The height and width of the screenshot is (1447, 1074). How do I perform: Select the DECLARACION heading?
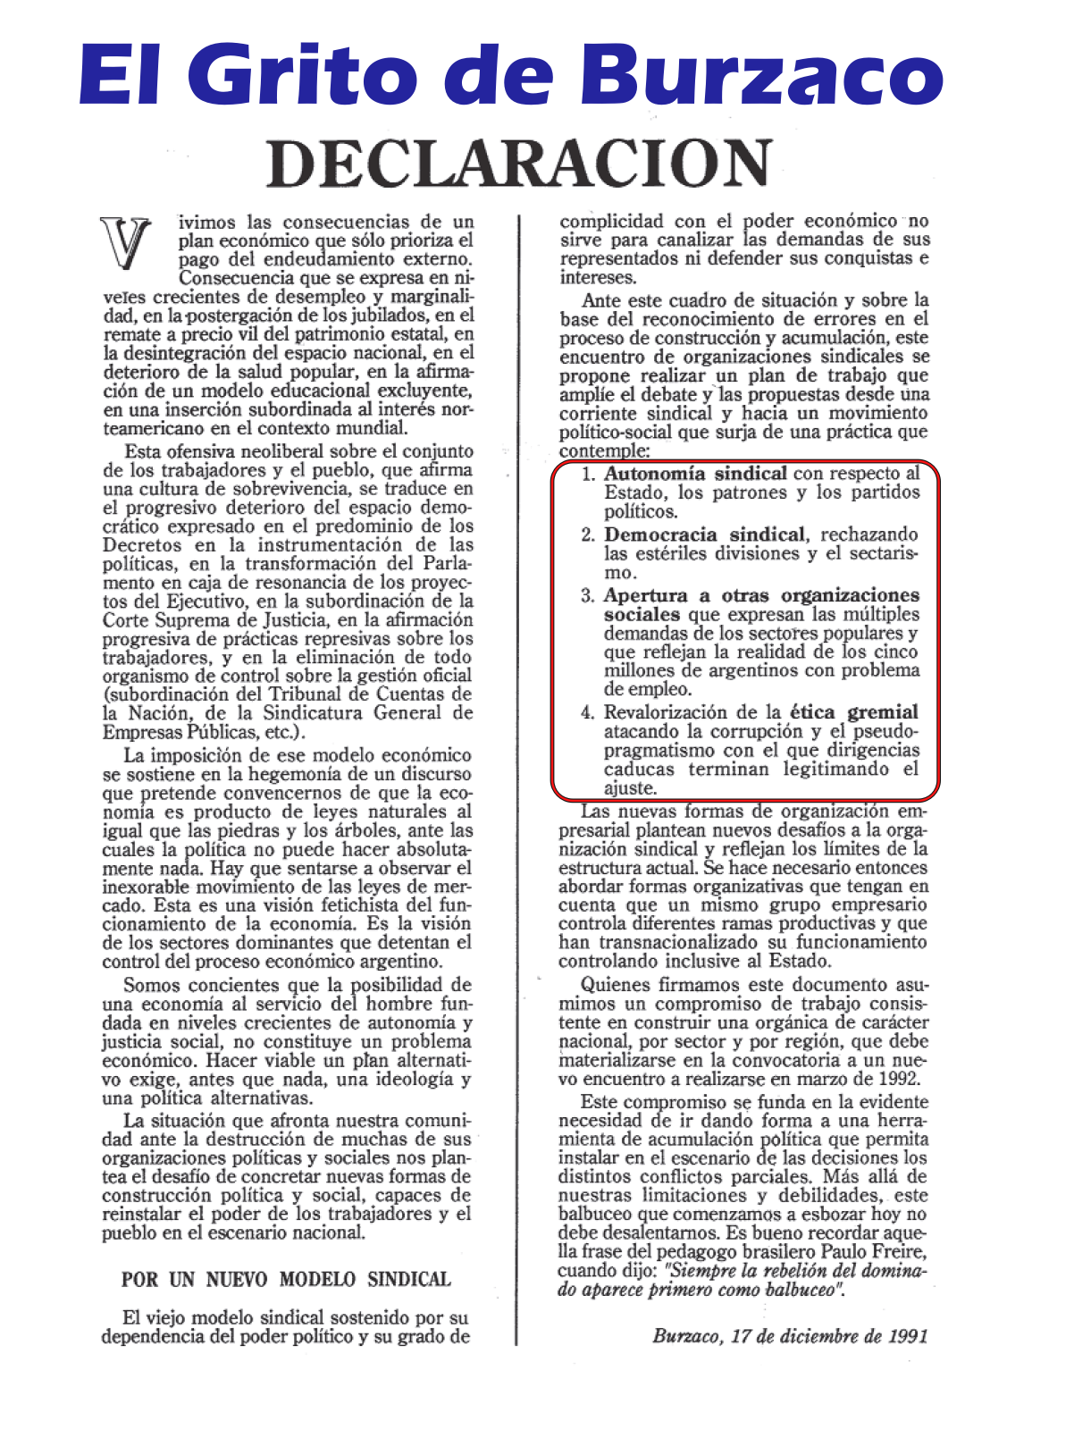[x=519, y=163]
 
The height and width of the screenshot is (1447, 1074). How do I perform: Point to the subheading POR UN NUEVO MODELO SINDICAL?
[x=286, y=1279]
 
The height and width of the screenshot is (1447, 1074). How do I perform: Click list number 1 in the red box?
[x=588, y=474]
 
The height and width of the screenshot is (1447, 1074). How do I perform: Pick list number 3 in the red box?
[x=588, y=596]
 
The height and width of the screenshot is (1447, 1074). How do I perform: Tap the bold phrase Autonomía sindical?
[x=695, y=474]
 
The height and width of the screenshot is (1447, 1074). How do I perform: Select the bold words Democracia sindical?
[x=704, y=534]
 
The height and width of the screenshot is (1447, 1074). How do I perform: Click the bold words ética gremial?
[x=853, y=712]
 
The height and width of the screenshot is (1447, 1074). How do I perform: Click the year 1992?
[x=898, y=1079]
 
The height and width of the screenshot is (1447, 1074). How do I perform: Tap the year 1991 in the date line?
[x=907, y=1336]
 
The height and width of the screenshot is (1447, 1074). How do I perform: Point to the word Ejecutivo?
[x=211, y=602]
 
